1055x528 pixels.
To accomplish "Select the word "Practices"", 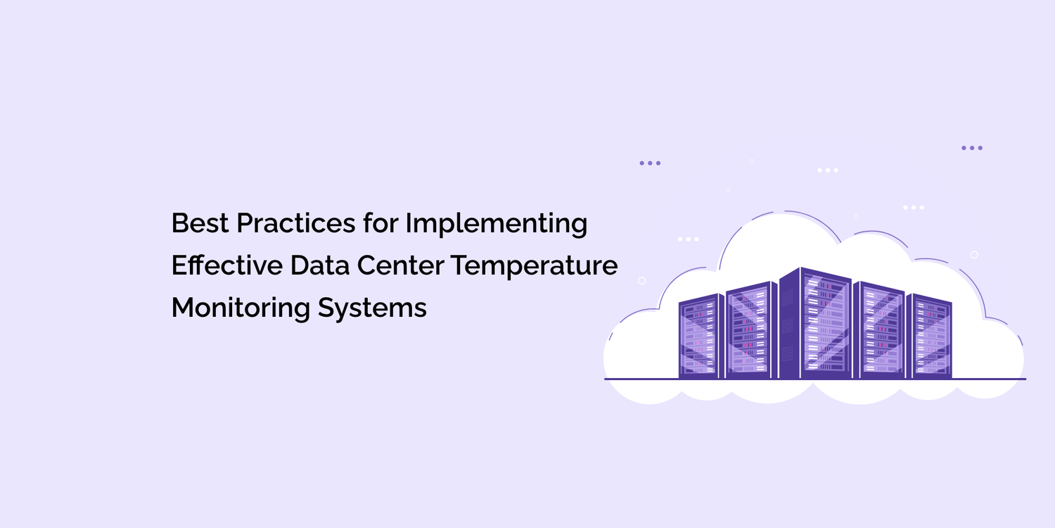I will click(295, 224).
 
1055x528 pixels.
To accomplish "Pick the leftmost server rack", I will click(698, 337).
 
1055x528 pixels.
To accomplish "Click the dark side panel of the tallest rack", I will click(788, 324).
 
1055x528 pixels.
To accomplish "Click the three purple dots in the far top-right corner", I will click(971, 149).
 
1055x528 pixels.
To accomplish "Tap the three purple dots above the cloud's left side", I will click(650, 163).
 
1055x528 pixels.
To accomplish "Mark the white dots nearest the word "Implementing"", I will click(688, 239).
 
